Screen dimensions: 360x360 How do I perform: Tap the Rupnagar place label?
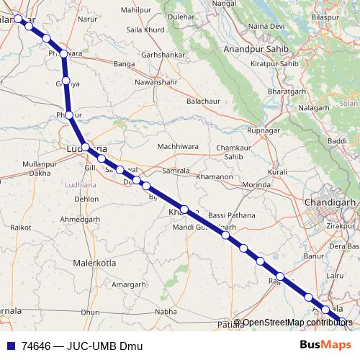pos(263,130)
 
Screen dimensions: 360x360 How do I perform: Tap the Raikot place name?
pos(22,227)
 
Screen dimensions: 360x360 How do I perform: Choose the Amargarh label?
pos(133,284)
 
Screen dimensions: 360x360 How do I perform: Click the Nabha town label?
pos(165,312)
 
